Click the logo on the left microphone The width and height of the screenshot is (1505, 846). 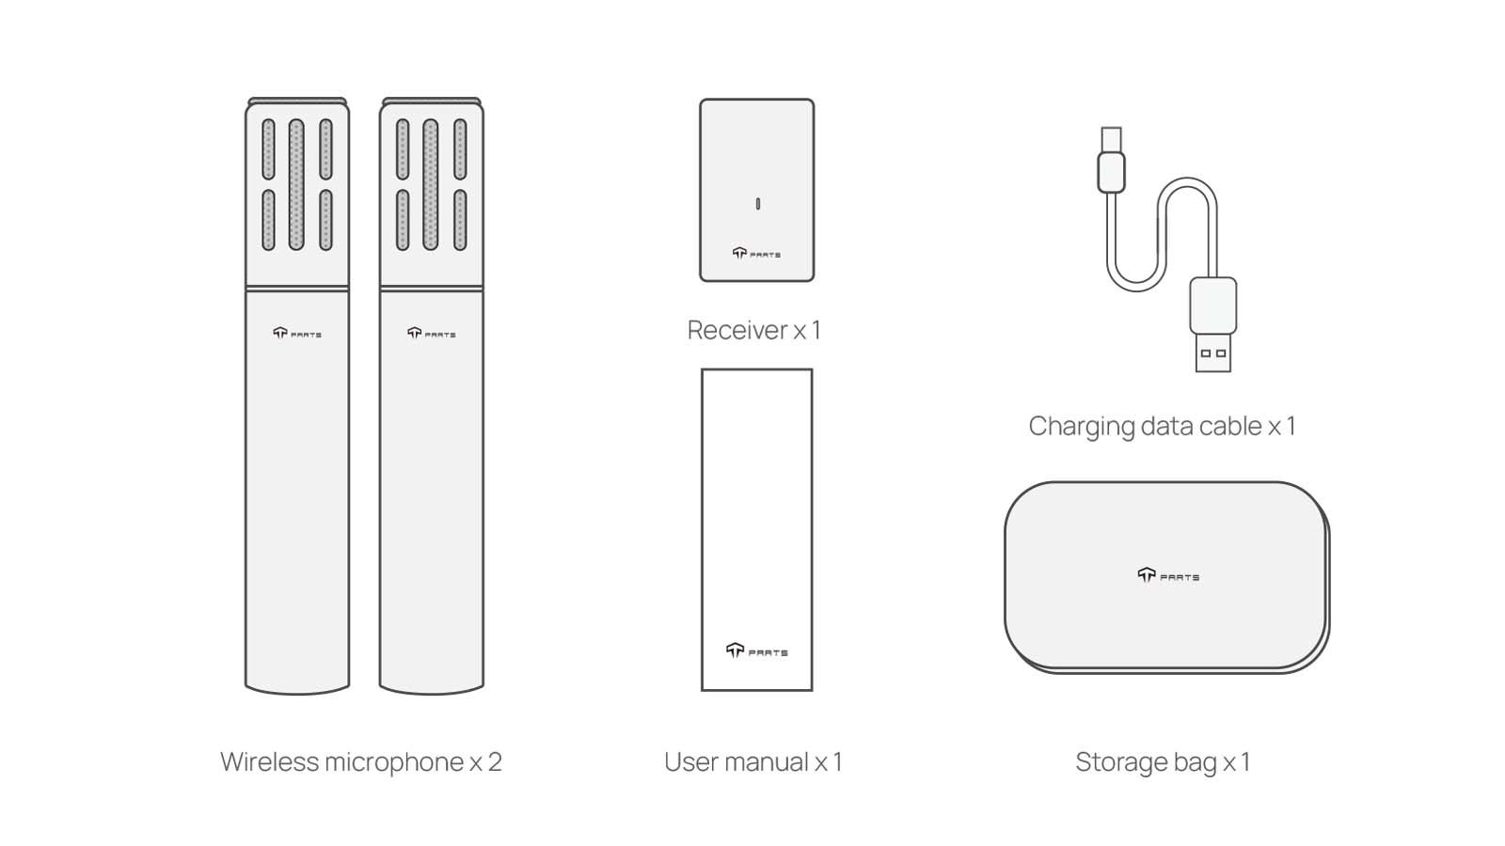(x=297, y=333)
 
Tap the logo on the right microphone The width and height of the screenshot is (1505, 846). (x=432, y=333)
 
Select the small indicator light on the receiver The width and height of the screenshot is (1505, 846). (x=758, y=203)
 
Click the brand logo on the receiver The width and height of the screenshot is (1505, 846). (x=756, y=253)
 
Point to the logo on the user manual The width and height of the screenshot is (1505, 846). (x=756, y=650)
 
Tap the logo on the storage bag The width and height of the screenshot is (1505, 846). (x=1168, y=575)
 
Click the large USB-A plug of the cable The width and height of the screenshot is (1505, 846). (x=1212, y=324)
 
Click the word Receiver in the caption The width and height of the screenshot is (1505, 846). (x=737, y=330)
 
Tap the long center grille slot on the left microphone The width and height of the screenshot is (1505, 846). (x=296, y=184)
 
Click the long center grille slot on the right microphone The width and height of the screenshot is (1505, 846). (x=431, y=184)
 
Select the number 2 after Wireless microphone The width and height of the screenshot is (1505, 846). (x=495, y=762)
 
